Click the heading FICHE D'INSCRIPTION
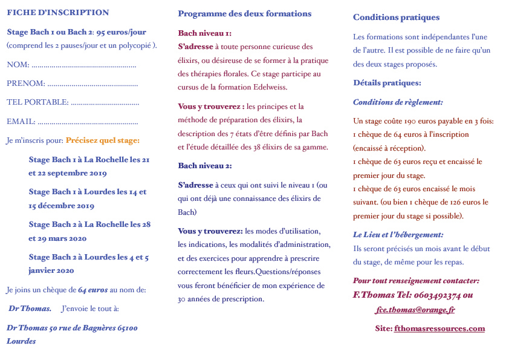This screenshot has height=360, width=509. [x=58, y=13]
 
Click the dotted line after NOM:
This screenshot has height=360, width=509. [x=83, y=65]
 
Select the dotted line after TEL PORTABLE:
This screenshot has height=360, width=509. [x=105, y=102]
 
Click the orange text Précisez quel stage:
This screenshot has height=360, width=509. [x=103, y=140]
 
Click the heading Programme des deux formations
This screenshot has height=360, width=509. [x=245, y=13]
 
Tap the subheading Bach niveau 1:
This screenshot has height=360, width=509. [x=204, y=33]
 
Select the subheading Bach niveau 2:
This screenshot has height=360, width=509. [x=205, y=165]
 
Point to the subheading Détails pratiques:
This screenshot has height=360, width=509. [x=387, y=83]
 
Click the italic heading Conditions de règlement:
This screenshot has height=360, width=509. [x=398, y=102]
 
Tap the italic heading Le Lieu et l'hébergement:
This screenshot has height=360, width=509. [x=398, y=234]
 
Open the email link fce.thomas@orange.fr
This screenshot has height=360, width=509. [x=415, y=310]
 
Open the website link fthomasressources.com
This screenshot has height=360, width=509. [x=439, y=329]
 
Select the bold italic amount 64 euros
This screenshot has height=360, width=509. [x=92, y=290]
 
